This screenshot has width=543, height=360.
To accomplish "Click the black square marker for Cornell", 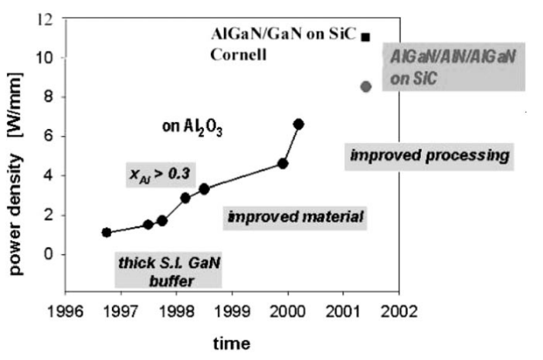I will [366, 36].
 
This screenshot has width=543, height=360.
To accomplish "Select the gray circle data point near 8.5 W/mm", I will [366, 86].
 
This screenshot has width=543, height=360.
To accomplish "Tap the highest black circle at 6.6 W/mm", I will [299, 124].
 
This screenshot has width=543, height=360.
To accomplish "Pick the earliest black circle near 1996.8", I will [107, 233].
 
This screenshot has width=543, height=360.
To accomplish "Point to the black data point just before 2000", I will [283, 163].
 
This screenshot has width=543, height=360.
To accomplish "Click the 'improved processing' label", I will [429, 155].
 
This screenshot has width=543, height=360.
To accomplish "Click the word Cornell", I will [236, 55].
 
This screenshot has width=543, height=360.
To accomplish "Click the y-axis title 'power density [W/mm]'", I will [15, 154].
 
